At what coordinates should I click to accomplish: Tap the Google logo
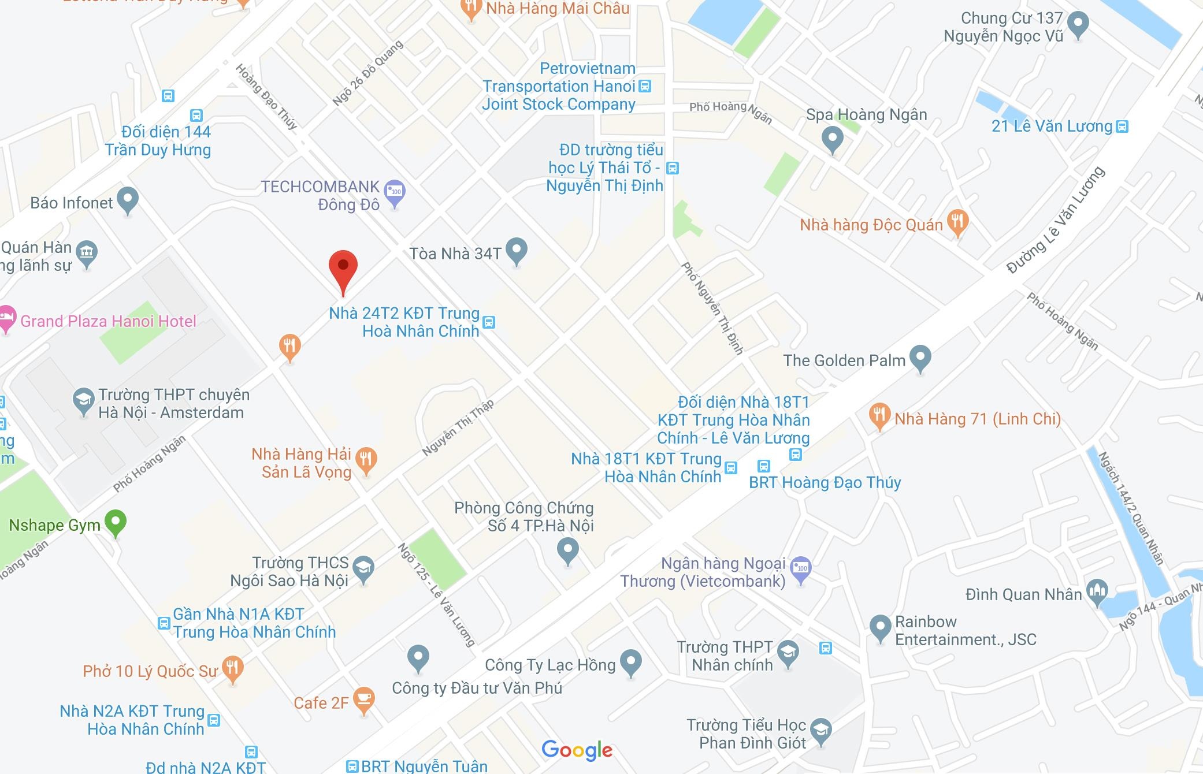point(577,750)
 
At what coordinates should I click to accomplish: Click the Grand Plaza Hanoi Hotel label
point(108,321)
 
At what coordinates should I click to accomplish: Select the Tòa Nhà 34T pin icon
point(517,251)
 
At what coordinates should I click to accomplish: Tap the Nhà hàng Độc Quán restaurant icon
point(957,222)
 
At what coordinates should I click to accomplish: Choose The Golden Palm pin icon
point(920,358)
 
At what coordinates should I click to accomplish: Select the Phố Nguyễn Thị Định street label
point(712,308)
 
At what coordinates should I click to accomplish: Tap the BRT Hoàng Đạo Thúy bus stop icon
point(764,466)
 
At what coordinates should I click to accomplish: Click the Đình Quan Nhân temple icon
point(1097,591)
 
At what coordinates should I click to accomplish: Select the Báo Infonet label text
point(72,203)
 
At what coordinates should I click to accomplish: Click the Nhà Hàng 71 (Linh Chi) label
point(978,419)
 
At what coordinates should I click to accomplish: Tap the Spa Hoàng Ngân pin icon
point(832,139)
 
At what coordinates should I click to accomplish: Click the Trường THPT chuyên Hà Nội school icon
point(83,400)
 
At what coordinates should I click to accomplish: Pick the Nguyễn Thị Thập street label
point(458,428)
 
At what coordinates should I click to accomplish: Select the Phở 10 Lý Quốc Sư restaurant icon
point(232,668)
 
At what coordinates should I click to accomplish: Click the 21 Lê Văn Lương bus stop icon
point(1122,126)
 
